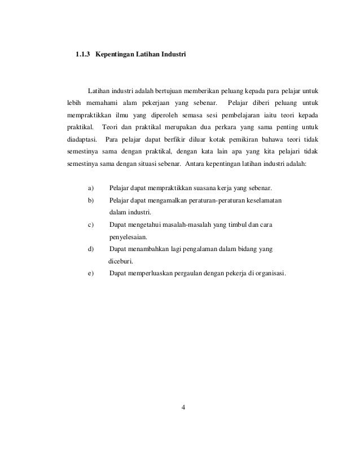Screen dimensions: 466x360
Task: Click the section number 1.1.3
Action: click(x=82, y=56)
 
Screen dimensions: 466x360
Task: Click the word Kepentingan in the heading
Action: click(x=115, y=56)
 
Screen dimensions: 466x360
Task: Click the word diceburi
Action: click(x=121, y=262)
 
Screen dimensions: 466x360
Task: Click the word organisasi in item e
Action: click(x=269, y=275)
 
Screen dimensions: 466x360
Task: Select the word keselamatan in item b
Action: click(x=264, y=201)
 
